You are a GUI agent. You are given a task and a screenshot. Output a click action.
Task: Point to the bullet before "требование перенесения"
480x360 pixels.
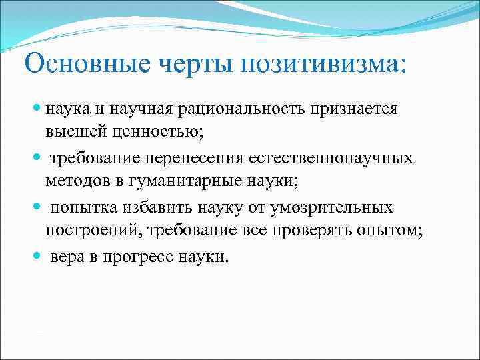(37, 159)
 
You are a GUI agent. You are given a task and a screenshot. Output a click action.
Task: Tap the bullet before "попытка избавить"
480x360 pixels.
(37, 208)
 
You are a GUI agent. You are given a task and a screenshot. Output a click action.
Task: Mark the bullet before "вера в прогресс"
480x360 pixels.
(37, 257)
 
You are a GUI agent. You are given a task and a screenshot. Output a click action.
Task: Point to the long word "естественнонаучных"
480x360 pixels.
(331, 159)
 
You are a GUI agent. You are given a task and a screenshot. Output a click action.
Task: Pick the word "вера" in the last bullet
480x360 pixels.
(69, 257)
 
